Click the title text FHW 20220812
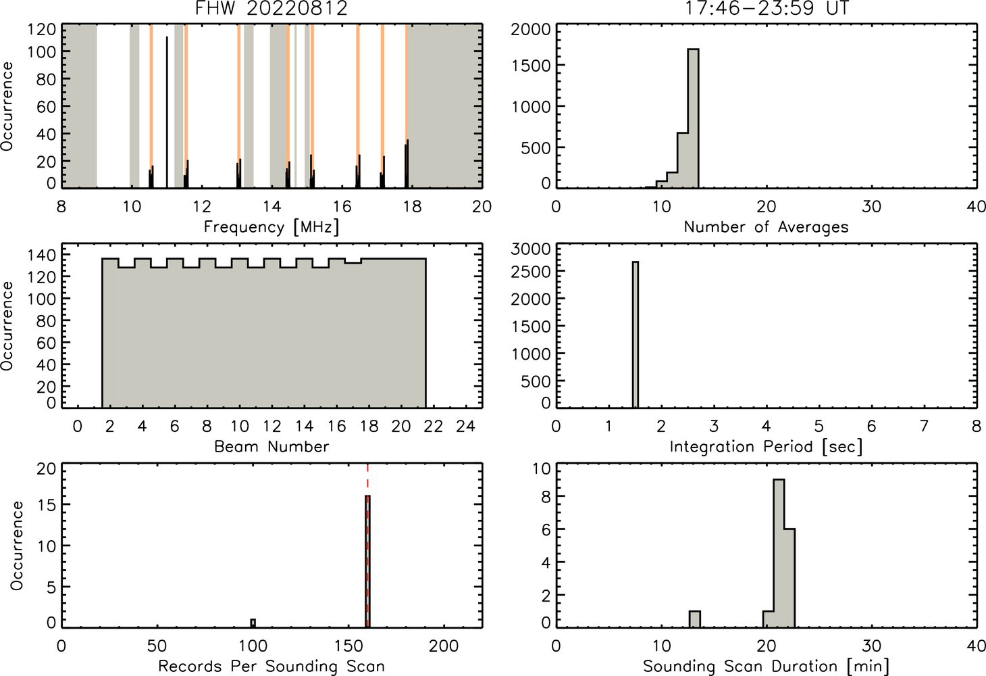click(271, 8)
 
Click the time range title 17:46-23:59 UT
click(767, 8)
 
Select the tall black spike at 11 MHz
click(167, 112)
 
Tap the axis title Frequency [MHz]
click(271, 227)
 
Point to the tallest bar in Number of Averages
click(693, 118)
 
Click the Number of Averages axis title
click(766, 227)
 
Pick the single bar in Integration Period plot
click(635, 335)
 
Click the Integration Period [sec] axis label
click(766, 447)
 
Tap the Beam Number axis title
click(271, 447)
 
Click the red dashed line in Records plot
click(367, 545)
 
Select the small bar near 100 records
click(253, 623)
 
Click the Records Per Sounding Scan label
click(271, 667)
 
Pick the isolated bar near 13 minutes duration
click(695, 619)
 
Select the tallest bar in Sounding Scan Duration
click(779, 553)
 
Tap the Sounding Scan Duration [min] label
click(766, 667)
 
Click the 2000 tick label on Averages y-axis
click(531, 30)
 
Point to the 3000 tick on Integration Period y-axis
click(531, 249)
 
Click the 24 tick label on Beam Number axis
click(466, 426)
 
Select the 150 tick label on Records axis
click(348, 646)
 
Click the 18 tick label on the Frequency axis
click(412, 206)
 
